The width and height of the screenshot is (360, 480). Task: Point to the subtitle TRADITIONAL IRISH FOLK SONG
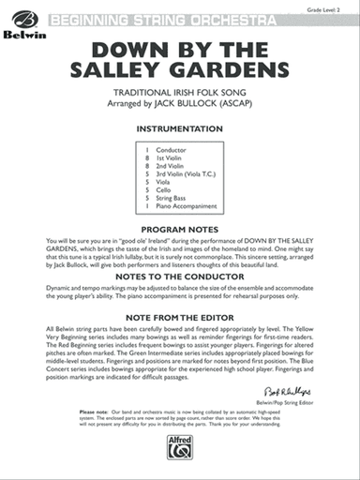[179, 94]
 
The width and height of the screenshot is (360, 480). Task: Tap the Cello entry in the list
[168, 189]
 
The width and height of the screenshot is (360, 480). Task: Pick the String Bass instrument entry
[174, 198]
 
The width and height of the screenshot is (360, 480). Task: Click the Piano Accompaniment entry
[187, 206]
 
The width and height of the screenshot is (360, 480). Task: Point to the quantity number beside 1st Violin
[147, 157]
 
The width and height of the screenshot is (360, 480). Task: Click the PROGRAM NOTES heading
[179, 228]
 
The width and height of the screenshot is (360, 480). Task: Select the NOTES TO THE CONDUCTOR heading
[179, 277]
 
